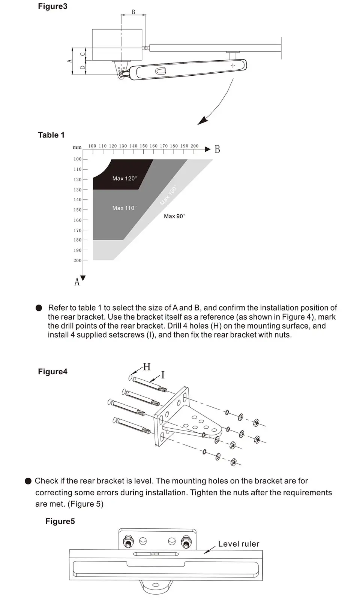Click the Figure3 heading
click(52, 6)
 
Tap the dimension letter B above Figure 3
click(133, 12)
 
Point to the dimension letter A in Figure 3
click(69, 61)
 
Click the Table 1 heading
click(51, 135)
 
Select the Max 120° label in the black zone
click(124, 179)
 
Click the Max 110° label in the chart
click(124, 208)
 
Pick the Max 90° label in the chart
click(174, 216)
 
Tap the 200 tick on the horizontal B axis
click(194, 146)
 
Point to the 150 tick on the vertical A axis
click(78, 210)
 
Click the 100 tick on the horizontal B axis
click(92, 146)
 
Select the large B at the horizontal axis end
click(217, 150)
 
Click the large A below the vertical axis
click(77, 282)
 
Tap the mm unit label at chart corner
click(77, 148)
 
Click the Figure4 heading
click(52, 372)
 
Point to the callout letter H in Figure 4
click(147, 367)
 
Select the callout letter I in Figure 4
click(163, 375)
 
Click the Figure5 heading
click(60, 522)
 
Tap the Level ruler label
click(238, 544)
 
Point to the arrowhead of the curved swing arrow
click(203, 121)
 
